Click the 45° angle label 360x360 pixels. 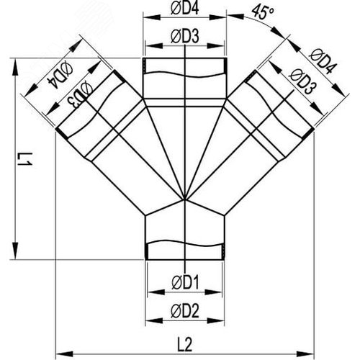click(x=263, y=12)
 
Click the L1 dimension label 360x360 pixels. click(x=24, y=160)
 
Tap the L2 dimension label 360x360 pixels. click(x=185, y=343)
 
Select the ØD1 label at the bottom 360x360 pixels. click(x=185, y=282)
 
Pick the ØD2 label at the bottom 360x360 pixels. click(x=185, y=311)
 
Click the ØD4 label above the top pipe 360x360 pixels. click(x=185, y=8)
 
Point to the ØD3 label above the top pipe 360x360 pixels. click(x=185, y=37)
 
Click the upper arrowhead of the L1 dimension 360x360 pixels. click(x=15, y=67)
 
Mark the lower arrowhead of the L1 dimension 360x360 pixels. click(x=15, y=251)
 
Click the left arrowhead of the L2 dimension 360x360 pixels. click(x=64, y=354)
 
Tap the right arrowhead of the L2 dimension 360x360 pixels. click(x=305, y=354)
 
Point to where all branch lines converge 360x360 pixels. click(x=184, y=199)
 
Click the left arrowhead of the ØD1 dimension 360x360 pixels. click(x=156, y=292)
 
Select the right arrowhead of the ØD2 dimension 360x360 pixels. click(x=216, y=320)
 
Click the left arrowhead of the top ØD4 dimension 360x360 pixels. click(x=152, y=17)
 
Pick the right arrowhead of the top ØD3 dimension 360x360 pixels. click(x=215, y=45)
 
